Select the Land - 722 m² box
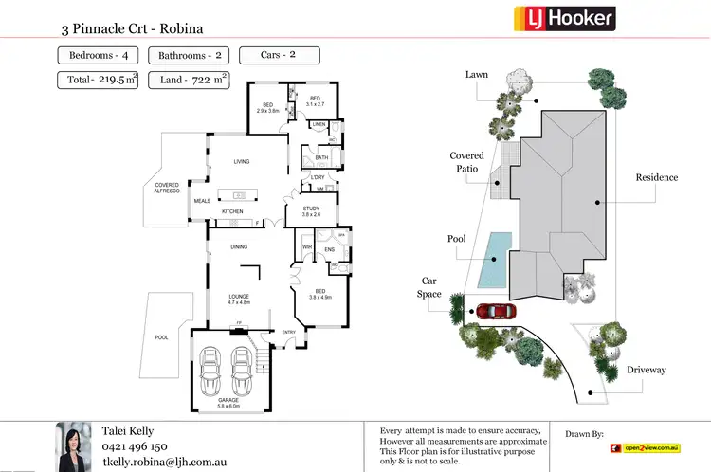pos(193,80)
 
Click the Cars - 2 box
pos(278,55)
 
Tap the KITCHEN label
pos(233,211)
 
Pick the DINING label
pos(239,247)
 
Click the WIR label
pos(307,248)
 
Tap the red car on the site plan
pos(495,311)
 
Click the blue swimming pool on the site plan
pos(492,261)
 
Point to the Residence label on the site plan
pos(656,177)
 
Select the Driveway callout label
pos(646,370)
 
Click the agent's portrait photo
pos(74,446)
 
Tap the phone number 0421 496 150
pos(135,446)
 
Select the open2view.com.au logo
pos(646,446)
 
